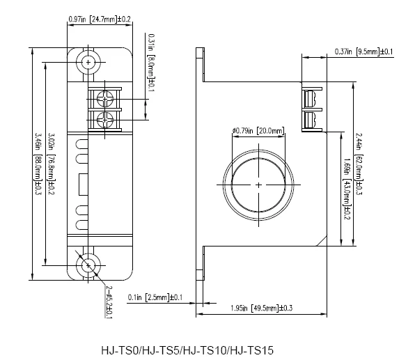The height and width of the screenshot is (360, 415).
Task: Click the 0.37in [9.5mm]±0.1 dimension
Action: pyautogui.click(x=363, y=51)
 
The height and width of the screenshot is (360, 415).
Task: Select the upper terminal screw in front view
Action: pyautogui.click(x=105, y=96)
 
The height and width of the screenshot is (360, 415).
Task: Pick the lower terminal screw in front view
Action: pyautogui.click(x=105, y=118)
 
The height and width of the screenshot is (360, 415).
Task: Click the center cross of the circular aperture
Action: pyautogui.click(x=258, y=185)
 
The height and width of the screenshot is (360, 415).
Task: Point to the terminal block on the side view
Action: pyautogui.click(x=311, y=107)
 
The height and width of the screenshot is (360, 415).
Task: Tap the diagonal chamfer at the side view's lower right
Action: pyautogui.click(x=320, y=239)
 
